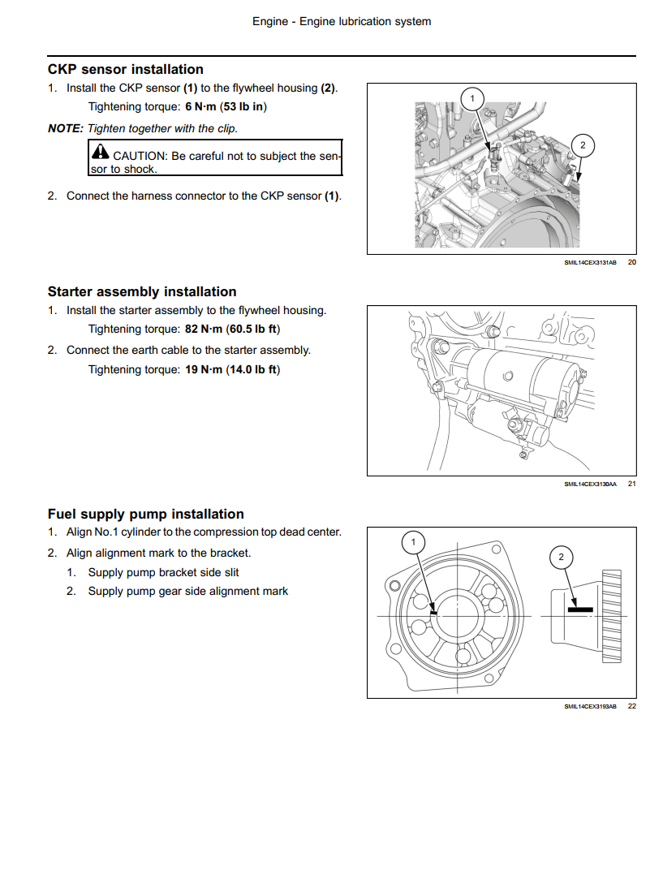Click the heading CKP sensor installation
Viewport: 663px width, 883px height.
125,70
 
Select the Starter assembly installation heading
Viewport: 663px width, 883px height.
142,292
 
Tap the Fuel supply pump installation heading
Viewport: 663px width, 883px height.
145,515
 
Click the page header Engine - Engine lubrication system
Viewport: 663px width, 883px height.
341,22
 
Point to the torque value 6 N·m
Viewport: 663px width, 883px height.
200,107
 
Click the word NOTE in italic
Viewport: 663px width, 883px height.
66,128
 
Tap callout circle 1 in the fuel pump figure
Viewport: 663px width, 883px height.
413,541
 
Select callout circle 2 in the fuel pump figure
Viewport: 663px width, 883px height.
561,557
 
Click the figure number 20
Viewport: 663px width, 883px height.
632,262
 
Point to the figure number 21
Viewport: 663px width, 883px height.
632,485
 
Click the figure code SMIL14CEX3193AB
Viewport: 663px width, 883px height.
590,707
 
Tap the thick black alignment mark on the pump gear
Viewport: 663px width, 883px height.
579,609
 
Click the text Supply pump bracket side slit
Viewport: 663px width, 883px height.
163,573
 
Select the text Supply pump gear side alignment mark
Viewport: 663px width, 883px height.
187,592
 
